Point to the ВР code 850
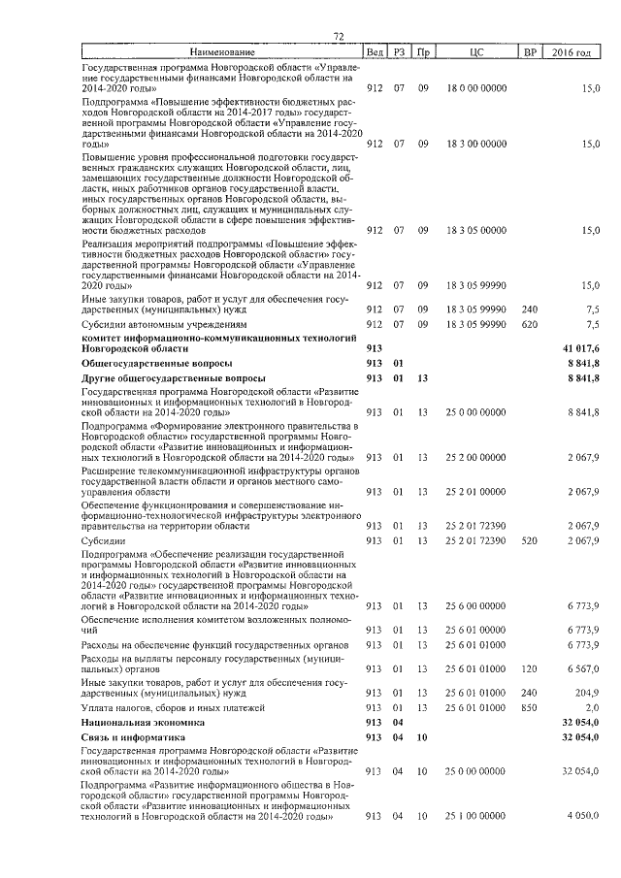[529, 708]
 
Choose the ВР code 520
[529, 539]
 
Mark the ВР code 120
[529, 668]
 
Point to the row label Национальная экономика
[143, 723]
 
